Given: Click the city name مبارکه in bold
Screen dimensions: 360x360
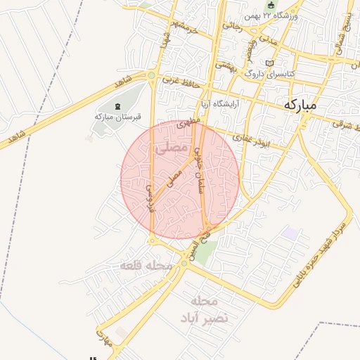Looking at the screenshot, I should click(x=300, y=104).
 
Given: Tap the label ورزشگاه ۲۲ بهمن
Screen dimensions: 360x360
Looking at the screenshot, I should click(x=272, y=15).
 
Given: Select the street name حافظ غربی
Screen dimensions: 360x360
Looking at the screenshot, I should click(x=182, y=83).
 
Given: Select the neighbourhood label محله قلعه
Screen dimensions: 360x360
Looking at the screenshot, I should click(x=146, y=266).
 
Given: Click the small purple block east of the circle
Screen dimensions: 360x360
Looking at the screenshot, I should click(x=290, y=232).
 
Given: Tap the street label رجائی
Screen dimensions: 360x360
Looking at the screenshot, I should click(x=233, y=25).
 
